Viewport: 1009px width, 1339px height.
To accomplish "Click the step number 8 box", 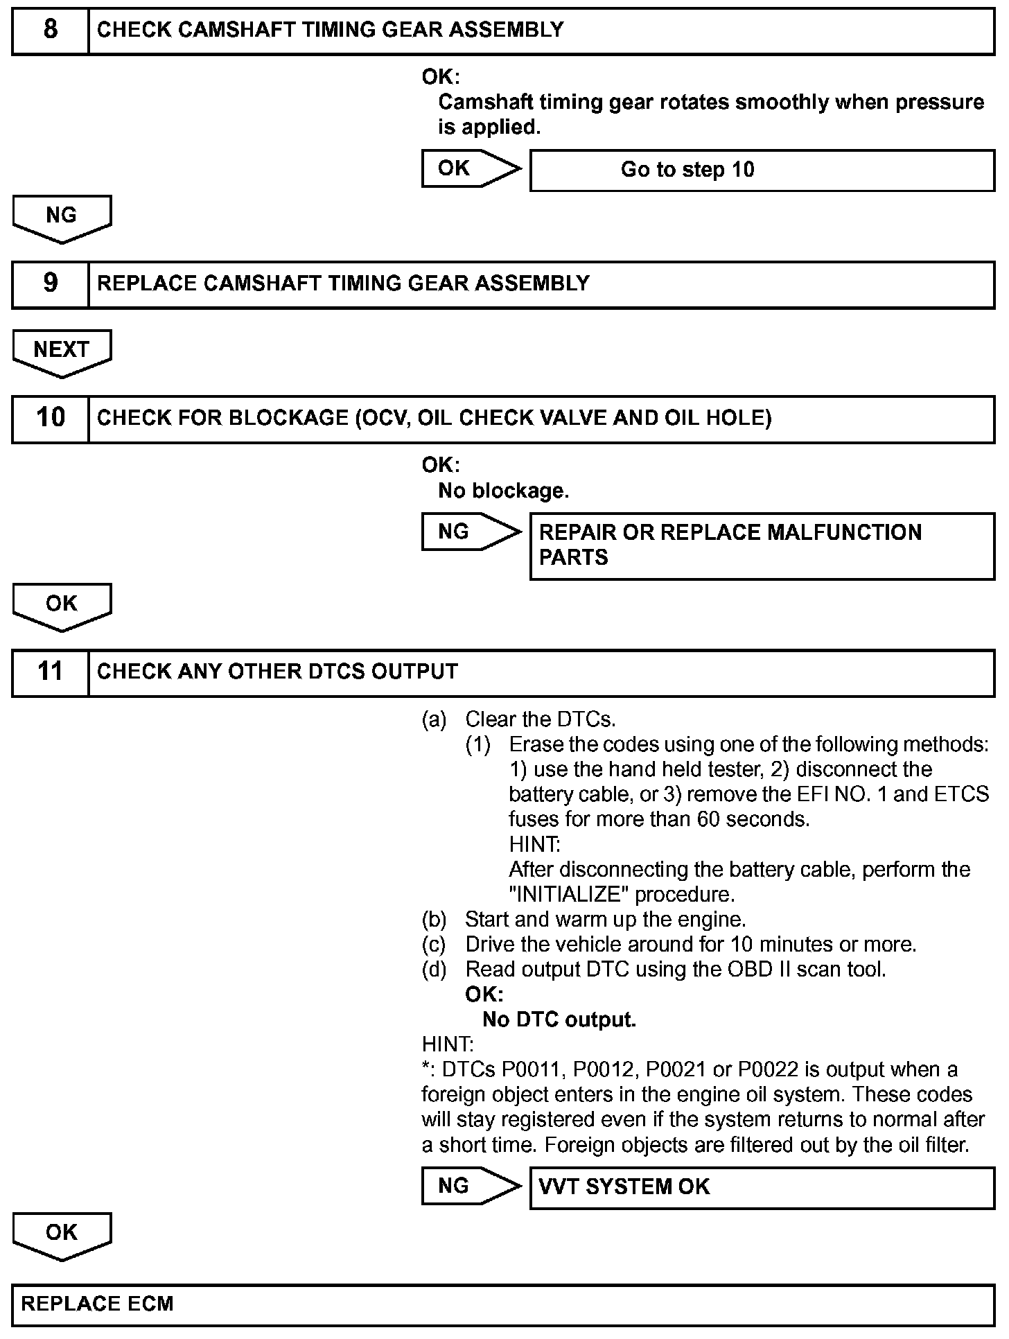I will [50, 30].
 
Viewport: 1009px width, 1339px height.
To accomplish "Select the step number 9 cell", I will [50, 283].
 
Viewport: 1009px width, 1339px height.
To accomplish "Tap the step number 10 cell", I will [50, 418].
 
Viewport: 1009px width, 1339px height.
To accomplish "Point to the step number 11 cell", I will [50, 672].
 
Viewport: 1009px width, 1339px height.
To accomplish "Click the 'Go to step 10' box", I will [762, 170].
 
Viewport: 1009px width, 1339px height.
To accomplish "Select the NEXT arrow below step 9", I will [62, 351].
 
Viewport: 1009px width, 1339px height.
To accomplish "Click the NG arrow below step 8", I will [62, 217].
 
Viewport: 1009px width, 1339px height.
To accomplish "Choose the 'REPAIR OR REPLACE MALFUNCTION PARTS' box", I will [762, 545].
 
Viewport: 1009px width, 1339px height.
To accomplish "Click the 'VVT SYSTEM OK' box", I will [762, 1188].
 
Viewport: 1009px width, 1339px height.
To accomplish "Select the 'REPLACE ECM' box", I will [503, 1304].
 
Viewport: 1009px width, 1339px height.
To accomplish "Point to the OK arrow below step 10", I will [62, 605].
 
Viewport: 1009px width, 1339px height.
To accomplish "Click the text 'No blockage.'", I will [503, 491].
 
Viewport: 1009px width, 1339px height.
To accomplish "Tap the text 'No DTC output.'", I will [559, 1020].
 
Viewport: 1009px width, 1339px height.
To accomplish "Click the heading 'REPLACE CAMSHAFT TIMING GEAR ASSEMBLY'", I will [343, 283].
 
